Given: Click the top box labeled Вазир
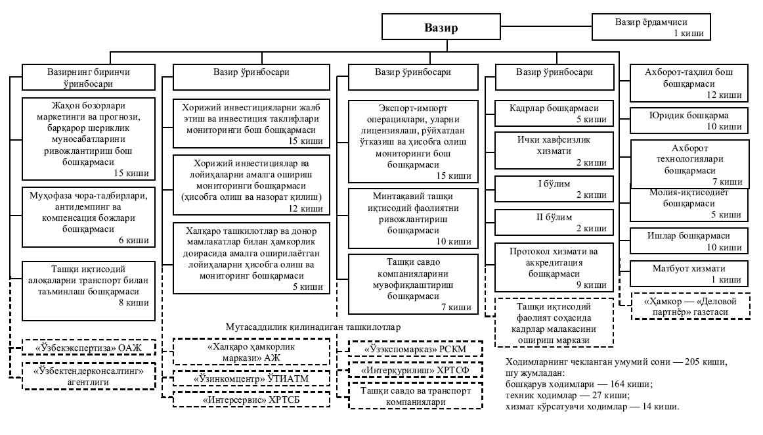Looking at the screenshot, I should pos(441,28).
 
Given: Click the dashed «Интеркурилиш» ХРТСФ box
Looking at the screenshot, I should pos(415,371).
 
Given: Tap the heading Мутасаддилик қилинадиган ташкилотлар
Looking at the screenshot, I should pos(313,327).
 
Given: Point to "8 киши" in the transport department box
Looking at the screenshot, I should pos(134,303).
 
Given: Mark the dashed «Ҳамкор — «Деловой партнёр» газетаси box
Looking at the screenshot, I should pos(691,306).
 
